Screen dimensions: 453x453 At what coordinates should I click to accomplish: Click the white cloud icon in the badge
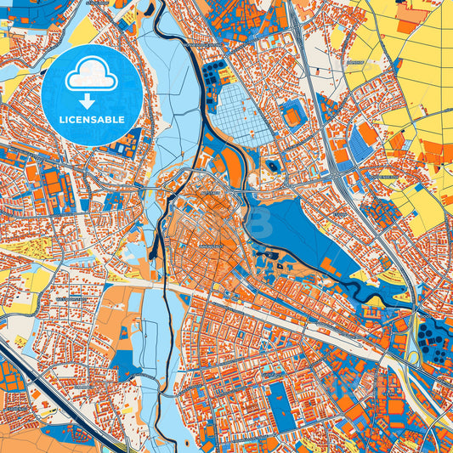point(92,76)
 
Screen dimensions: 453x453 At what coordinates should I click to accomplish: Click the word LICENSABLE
point(92,119)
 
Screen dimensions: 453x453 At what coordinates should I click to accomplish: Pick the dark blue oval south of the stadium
point(272,166)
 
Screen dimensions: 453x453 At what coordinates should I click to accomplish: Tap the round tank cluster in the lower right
point(434,340)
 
